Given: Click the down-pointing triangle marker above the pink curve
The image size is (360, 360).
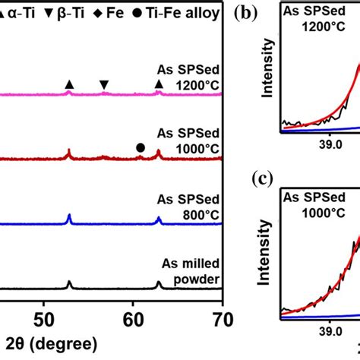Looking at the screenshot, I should [104, 84].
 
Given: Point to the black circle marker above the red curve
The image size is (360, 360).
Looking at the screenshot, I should [141, 147].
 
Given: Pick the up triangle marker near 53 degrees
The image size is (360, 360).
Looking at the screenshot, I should [70, 84].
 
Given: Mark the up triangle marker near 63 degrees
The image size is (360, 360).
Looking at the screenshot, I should [159, 84].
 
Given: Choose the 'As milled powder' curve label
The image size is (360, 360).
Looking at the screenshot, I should [191, 271].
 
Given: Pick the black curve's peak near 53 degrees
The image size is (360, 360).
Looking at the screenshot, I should [70, 283].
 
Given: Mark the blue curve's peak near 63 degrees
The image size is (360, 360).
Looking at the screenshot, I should [159, 219].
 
